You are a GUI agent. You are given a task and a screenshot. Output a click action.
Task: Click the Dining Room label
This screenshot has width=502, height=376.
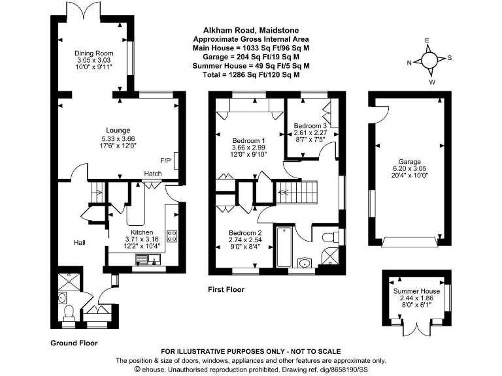(95, 53)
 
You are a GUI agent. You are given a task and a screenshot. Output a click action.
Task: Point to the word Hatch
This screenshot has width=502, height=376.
(153, 174)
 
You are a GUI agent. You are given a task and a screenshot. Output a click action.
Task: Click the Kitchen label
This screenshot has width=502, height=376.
(142, 232)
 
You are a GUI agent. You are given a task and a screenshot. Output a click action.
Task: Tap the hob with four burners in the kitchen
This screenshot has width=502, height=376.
(173, 236)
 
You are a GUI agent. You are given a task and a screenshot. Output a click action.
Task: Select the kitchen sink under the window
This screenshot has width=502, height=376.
(147, 261)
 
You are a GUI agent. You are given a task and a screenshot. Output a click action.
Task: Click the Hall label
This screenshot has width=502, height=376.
(79, 242)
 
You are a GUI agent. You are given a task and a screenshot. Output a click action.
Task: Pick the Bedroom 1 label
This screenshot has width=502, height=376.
(248, 140)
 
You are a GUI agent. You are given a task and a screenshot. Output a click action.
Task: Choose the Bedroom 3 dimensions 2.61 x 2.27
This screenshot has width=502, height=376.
(310, 132)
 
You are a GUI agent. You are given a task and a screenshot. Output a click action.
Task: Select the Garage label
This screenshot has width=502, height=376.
(410, 161)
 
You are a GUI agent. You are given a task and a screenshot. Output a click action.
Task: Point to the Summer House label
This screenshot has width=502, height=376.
(416, 291)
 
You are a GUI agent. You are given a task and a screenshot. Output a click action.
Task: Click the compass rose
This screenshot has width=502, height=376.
(429, 60)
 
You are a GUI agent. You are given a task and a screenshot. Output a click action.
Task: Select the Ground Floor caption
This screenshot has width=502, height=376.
(74, 343)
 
